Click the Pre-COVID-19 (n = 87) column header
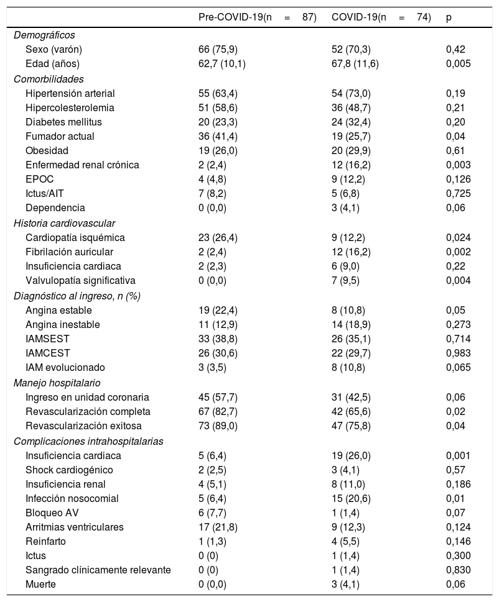257,17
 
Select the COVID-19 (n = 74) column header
381,17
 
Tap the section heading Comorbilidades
49,79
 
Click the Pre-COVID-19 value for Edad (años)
222,63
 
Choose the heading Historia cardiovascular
64,223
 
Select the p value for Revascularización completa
455,411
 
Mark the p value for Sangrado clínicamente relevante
458,570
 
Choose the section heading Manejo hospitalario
57,383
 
